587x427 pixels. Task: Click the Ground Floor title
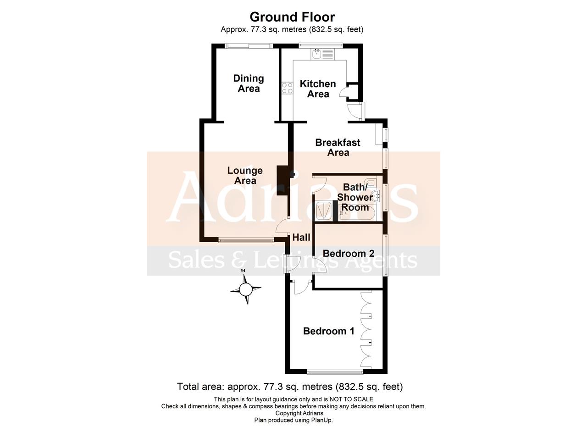pyautogui.click(x=292, y=17)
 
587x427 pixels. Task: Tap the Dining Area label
pyautogui.click(x=249, y=83)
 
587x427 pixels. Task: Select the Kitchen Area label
pyautogui.click(x=318, y=89)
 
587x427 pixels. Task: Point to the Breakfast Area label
pyautogui.click(x=338, y=147)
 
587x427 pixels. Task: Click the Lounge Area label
pyautogui.click(x=245, y=175)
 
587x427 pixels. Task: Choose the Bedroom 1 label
pyautogui.click(x=329, y=331)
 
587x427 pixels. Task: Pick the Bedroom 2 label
pyautogui.click(x=349, y=254)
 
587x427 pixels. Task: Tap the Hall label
pyautogui.click(x=301, y=238)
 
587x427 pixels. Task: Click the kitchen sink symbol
pyautogui.click(x=323, y=54)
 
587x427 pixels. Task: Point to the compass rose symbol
pyautogui.click(x=246, y=289)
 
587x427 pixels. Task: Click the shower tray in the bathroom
pyautogui.click(x=324, y=210)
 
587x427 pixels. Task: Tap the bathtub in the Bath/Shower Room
pyautogui.click(x=357, y=214)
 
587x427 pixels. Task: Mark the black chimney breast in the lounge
pyautogui.click(x=282, y=180)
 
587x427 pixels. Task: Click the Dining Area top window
pyautogui.click(x=249, y=46)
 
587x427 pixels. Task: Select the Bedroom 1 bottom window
pyautogui.click(x=335, y=371)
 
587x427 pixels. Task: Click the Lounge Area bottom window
pyautogui.click(x=246, y=240)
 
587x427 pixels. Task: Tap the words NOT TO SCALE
pyautogui.click(x=351, y=399)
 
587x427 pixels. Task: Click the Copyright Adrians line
pyautogui.click(x=299, y=413)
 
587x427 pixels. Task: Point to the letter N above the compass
pyautogui.click(x=243, y=271)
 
